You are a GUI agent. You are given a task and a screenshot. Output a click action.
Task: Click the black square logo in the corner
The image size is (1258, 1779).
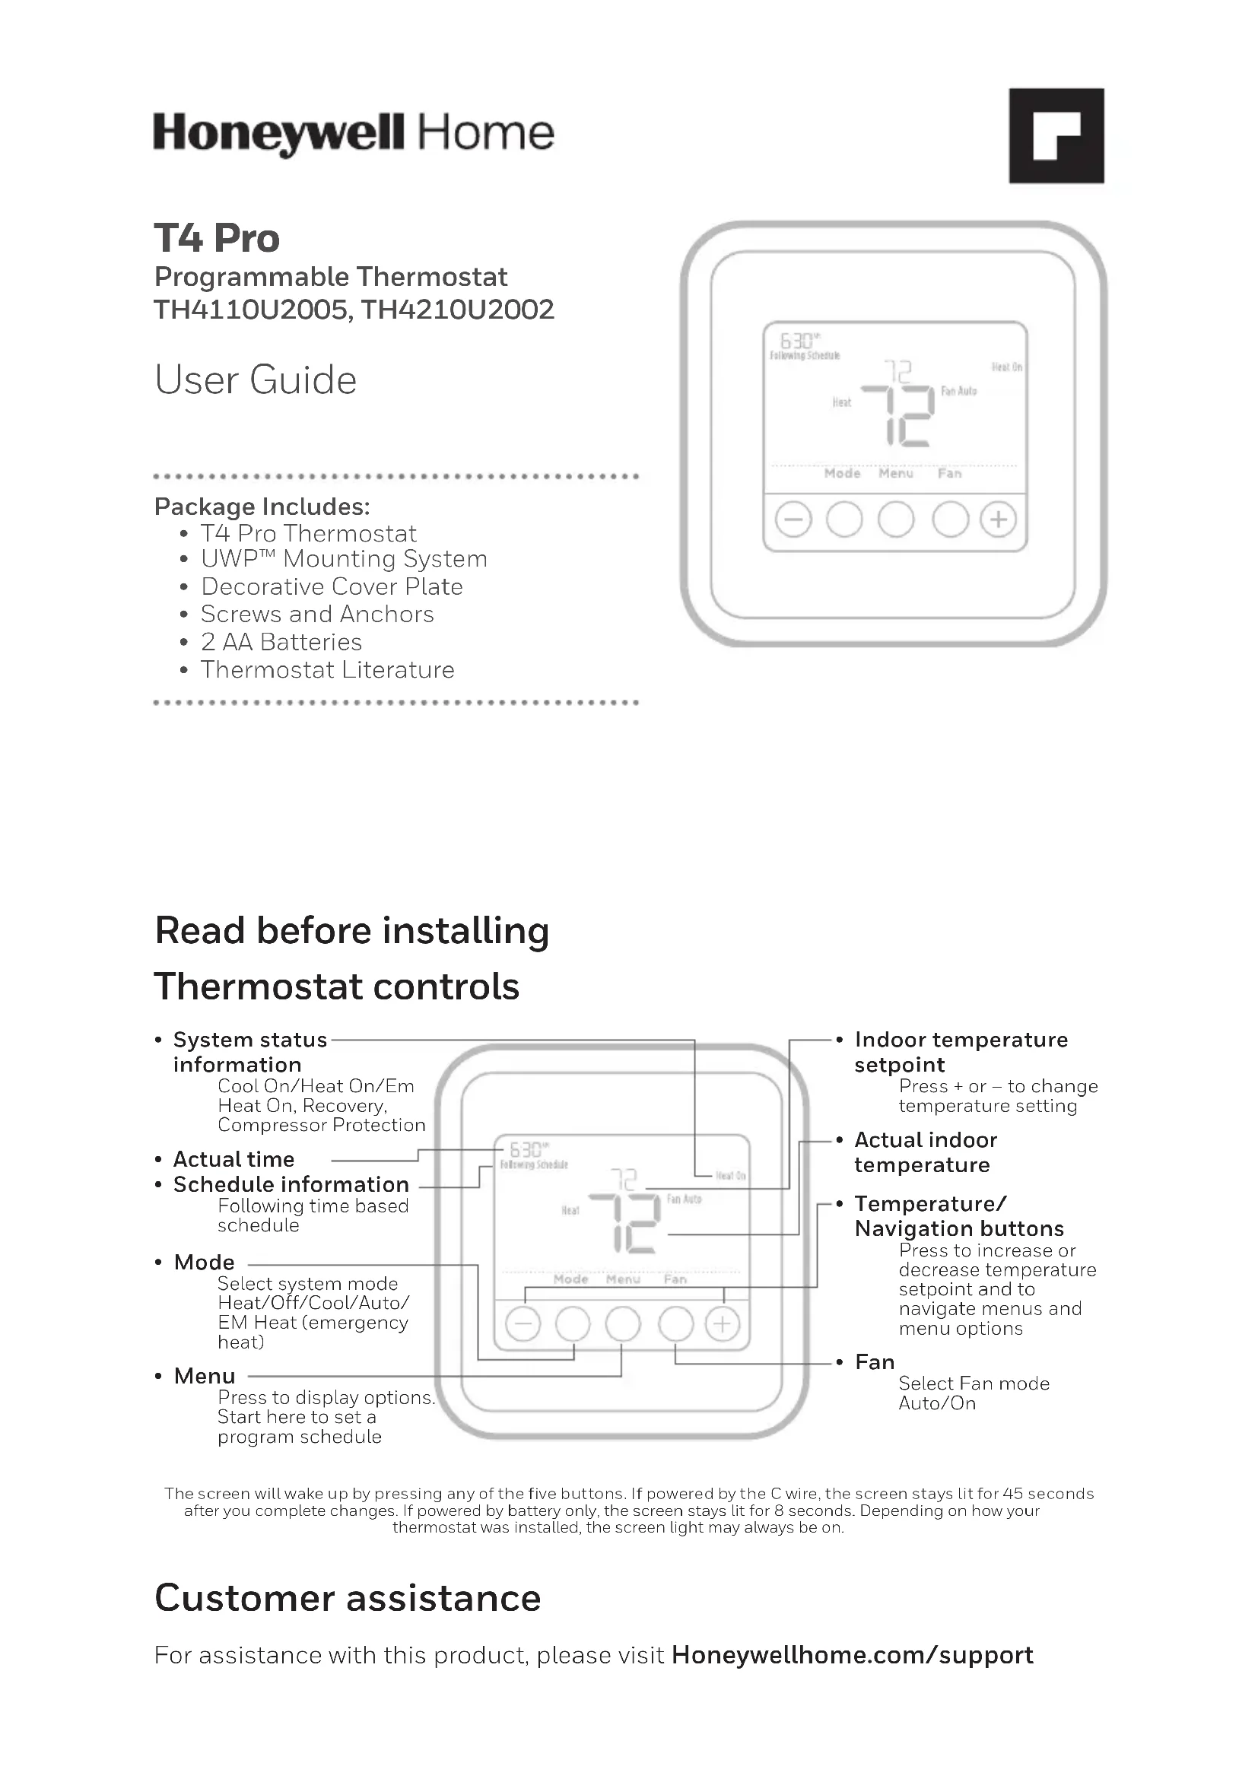tap(1056, 135)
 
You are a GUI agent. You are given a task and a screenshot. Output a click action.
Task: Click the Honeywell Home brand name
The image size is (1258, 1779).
tap(353, 133)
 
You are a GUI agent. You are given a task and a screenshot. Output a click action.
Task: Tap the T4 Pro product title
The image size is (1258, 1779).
tap(216, 238)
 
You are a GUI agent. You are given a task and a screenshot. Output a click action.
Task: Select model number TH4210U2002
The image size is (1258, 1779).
tap(458, 310)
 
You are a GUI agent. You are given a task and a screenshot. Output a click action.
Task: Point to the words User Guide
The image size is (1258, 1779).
tap(256, 380)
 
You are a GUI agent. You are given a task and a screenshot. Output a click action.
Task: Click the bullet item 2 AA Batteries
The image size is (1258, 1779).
tap(281, 643)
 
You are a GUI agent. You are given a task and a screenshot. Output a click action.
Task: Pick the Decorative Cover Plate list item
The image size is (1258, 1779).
tap(332, 586)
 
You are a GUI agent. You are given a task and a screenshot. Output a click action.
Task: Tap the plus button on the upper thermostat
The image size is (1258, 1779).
tap(999, 519)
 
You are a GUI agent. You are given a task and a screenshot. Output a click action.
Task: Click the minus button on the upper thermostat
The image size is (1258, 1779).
tap(793, 519)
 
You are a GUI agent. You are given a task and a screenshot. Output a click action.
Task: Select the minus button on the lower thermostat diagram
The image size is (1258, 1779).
tap(523, 1324)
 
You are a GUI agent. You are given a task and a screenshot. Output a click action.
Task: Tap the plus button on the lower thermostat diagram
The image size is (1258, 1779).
tap(722, 1324)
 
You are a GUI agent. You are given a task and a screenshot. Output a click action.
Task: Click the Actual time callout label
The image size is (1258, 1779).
tap(233, 1159)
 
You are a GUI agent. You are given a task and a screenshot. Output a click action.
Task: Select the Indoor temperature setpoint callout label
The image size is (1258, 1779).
tap(961, 1051)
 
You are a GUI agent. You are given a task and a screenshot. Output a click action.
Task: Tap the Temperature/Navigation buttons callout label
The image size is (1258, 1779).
tap(959, 1215)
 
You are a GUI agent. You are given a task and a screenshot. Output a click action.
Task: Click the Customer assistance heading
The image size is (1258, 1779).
tap(347, 1598)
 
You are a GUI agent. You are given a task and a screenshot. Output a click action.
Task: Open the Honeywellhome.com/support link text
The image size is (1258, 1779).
tap(852, 1655)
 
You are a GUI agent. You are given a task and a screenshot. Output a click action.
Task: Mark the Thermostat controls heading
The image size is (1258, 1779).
tap(336, 986)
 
